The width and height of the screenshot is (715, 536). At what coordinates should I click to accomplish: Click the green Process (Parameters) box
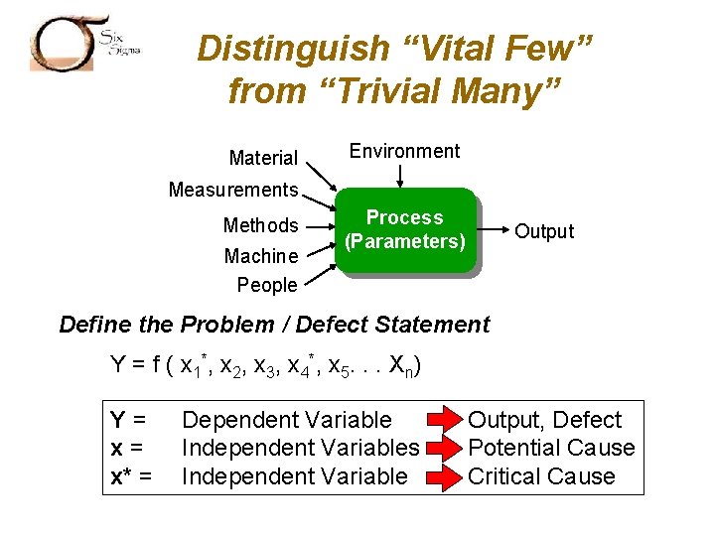point(404,230)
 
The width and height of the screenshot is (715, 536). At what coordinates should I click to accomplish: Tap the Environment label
point(404,151)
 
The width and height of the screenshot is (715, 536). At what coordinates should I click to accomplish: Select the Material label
point(263,158)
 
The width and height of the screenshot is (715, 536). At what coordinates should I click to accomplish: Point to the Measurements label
point(233,190)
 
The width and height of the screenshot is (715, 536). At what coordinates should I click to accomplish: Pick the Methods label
point(260,225)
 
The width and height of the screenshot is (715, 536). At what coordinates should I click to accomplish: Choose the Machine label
point(260,256)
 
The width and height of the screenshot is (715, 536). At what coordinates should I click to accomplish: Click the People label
point(267,285)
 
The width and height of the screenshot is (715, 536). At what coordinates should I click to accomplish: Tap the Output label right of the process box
point(543,231)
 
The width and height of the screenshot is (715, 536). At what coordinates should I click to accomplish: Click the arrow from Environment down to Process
point(401,176)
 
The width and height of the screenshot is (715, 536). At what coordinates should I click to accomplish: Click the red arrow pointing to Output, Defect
point(444,420)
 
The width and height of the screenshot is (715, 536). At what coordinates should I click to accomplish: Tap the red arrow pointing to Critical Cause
point(444,476)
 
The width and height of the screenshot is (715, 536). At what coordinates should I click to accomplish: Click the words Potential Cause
point(551,449)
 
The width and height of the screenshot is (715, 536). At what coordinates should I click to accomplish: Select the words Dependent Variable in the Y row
point(287,420)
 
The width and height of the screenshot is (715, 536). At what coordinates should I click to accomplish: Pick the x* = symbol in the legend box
point(131,476)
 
